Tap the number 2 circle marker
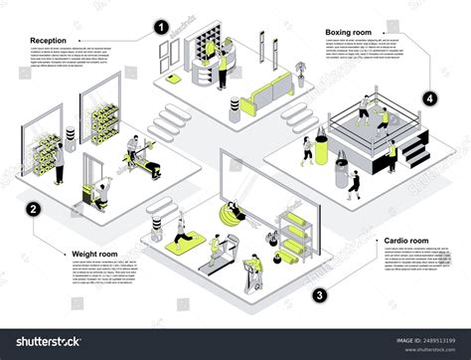(34, 210)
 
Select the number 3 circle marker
(319, 295)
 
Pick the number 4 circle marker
(429, 98)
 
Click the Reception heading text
(48, 41)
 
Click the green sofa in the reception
(265, 94)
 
